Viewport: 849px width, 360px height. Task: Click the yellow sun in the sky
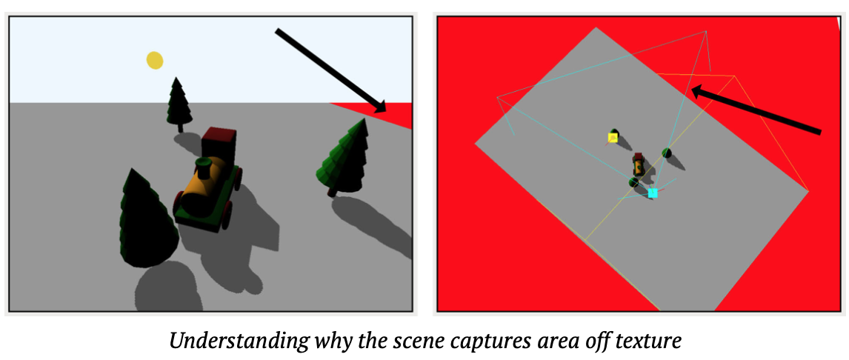pos(154,60)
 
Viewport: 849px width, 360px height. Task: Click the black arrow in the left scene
pos(331,71)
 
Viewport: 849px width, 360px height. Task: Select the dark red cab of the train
pos(219,142)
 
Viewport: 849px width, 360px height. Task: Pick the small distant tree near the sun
pos(179,104)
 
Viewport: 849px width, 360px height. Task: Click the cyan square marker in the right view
pos(653,193)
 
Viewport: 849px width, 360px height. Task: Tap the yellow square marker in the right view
pos(613,138)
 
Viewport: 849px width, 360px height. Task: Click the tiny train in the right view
pos(638,164)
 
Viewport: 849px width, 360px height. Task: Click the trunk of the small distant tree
pos(180,127)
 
